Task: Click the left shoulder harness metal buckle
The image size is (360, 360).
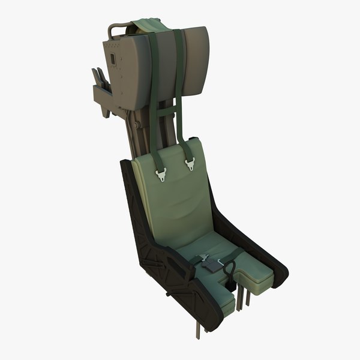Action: point(162,173)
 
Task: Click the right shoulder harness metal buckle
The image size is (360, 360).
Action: point(191,163)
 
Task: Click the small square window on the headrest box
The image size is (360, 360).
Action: point(112,58)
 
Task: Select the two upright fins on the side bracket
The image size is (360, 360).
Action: point(98,78)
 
